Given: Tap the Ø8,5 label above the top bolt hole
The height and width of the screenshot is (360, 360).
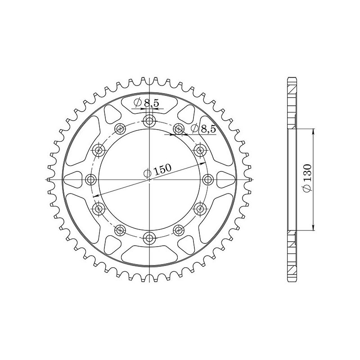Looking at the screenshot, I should (146, 103).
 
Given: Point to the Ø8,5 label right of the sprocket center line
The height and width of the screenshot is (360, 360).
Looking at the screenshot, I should (203, 129).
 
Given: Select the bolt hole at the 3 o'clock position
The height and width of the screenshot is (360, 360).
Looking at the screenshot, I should (208, 180).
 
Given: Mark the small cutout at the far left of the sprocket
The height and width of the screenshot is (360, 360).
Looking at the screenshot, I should (72, 180).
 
